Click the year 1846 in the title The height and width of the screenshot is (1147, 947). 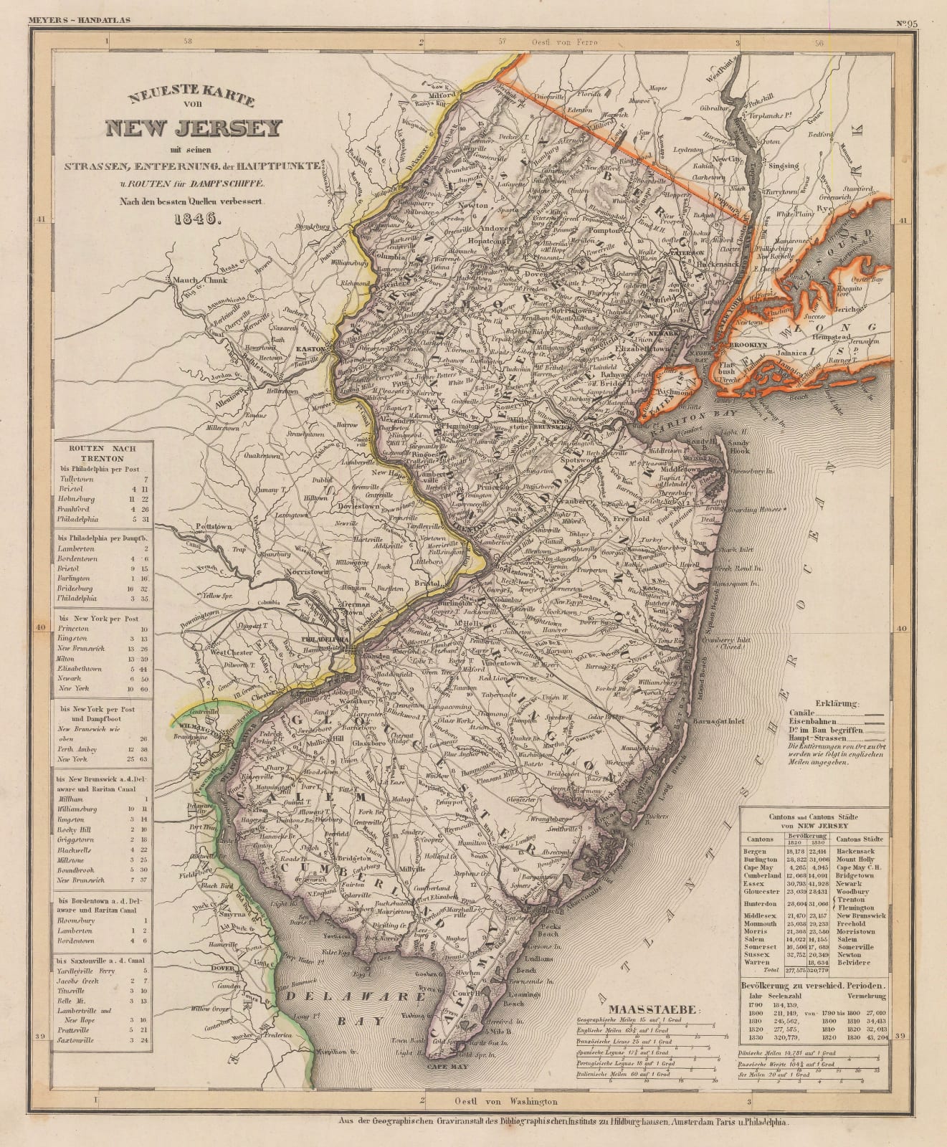(194, 219)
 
